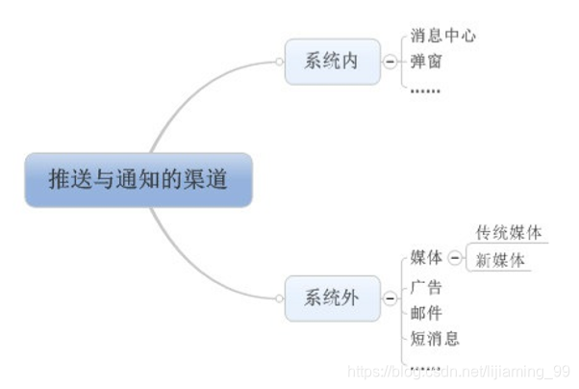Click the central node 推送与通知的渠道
point(138,179)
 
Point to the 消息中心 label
point(443,36)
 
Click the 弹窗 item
point(427,63)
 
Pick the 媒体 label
point(426,257)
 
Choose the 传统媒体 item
point(509,233)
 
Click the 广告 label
point(426,286)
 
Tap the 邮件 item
point(426,312)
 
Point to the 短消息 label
point(435,338)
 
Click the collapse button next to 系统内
point(390,62)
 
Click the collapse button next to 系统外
point(390,298)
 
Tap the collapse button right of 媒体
point(455,257)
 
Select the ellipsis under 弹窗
point(425,90)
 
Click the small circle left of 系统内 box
point(279,62)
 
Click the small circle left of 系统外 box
point(279,298)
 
